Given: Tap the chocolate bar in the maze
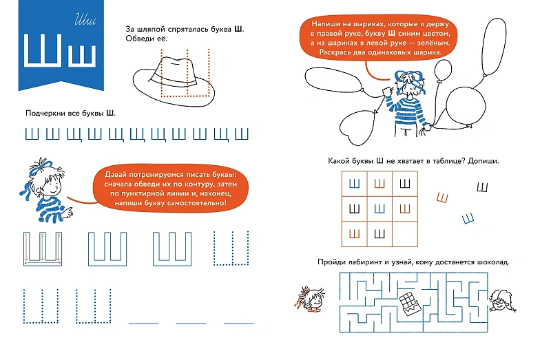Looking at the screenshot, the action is [x=410, y=303].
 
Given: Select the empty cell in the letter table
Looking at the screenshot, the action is [x=405, y=234].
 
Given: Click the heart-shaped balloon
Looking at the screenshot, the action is [x=357, y=127].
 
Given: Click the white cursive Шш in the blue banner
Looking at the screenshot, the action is [x=85, y=20].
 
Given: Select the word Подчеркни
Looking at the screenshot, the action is [x=45, y=113].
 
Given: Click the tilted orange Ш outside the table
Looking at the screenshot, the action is [x=443, y=198].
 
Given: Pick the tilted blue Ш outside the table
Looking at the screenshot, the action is [x=468, y=218].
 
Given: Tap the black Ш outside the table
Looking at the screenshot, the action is [x=483, y=187].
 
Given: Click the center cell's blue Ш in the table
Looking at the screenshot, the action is [x=380, y=209].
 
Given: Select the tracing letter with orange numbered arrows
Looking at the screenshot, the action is [x=43, y=248].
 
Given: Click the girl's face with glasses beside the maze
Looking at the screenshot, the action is [x=502, y=301].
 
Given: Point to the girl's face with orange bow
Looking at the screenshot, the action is [x=311, y=299].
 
